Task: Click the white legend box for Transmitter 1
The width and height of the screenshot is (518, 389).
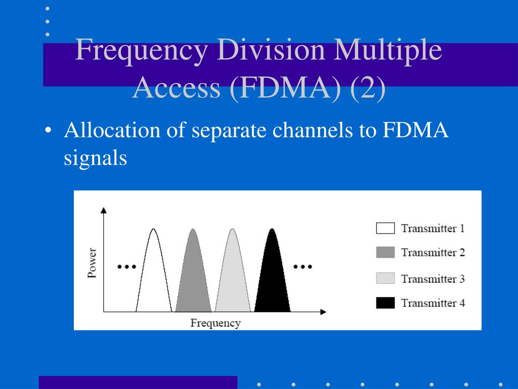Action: coord(385,228)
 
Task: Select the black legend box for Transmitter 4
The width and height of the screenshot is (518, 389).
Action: coord(385,303)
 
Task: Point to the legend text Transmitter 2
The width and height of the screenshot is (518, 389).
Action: coord(433,252)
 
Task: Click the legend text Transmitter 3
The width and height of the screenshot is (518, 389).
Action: coord(433,279)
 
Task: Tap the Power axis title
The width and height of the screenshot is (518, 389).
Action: coord(92,262)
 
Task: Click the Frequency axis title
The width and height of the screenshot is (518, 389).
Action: coord(215,323)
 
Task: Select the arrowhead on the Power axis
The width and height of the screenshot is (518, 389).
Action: coord(104,210)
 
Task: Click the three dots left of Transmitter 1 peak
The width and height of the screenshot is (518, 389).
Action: coord(126,266)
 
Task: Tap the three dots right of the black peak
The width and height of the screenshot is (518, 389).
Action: coord(303,266)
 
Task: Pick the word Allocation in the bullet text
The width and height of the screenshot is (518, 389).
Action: coord(111,131)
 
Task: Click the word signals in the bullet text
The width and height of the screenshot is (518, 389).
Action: coord(95,158)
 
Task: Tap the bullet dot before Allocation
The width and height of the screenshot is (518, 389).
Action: coord(48,131)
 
